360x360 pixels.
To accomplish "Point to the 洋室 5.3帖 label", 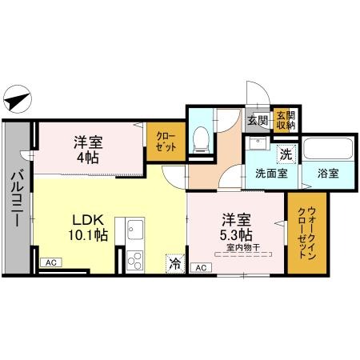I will click(238, 226).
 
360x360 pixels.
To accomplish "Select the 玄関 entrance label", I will click(257, 121).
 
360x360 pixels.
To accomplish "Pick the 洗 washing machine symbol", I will click(283, 152).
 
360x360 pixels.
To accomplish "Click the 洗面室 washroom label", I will click(270, 174).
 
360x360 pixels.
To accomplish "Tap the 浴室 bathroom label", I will click(327, 174).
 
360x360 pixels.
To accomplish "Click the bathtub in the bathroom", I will click(329, 150).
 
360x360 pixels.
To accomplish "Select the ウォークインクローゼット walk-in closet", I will click(301, 232).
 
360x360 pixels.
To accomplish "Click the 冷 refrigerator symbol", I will click(174, 262).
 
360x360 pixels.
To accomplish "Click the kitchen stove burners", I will click(132, 259).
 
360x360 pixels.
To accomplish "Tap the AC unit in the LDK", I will click(50, 262).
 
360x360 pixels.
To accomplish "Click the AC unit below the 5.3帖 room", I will click(200, 268).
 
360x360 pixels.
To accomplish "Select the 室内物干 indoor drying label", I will click(238, 247).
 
